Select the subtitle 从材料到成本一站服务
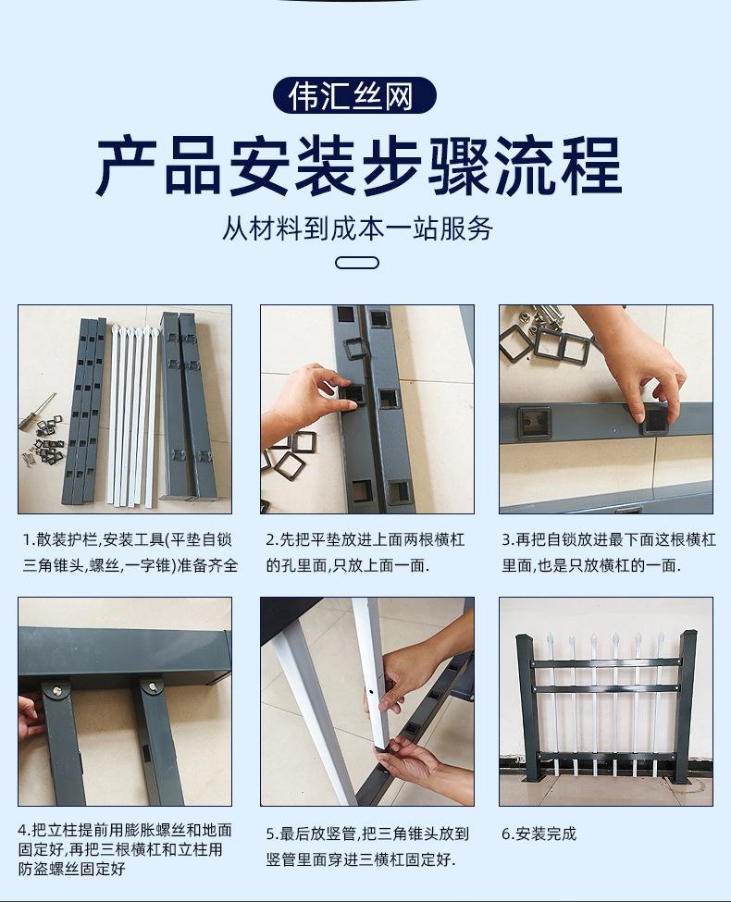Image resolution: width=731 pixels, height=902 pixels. (x=357, y=229)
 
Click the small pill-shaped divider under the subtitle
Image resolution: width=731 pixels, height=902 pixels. (x=356, y=263)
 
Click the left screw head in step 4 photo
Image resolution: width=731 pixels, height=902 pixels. (x=58, y=689)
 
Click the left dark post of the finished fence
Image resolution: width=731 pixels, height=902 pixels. (x=525, y=708)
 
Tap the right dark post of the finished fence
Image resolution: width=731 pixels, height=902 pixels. (x=686, y=708)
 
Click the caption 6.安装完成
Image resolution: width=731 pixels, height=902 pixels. (x=539, y=834)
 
